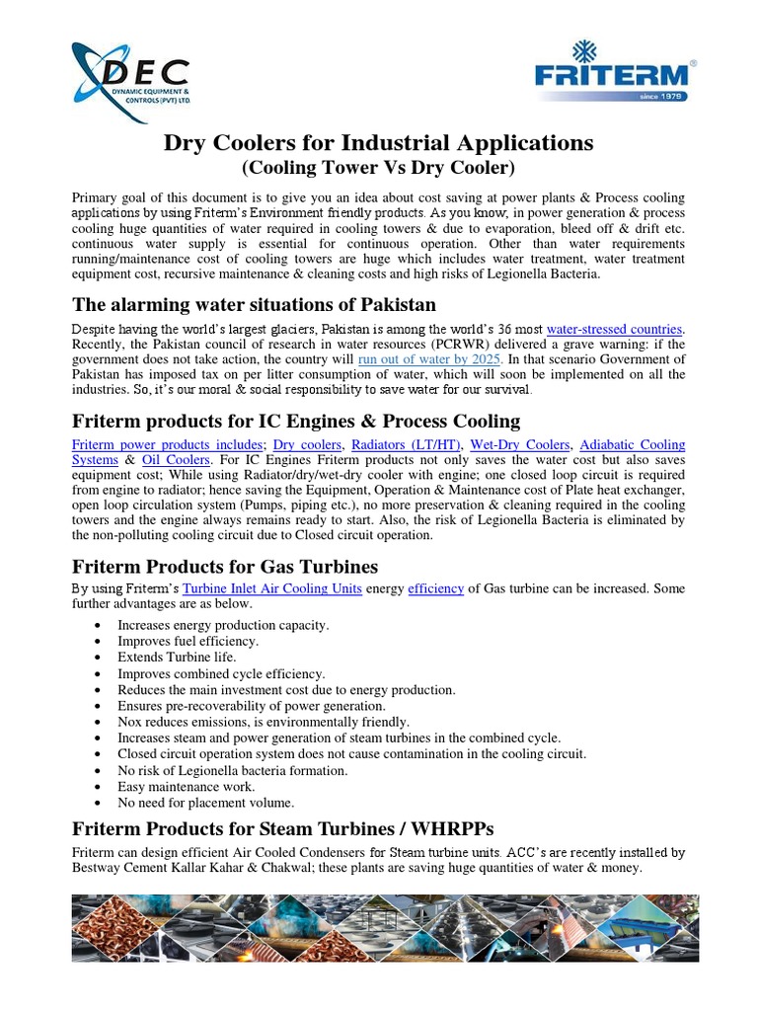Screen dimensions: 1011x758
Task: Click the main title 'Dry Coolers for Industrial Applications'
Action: pyautogui.click(x=378, y=143)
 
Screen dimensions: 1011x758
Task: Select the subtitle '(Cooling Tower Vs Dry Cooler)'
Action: pyautogui.click(x=378, y=168)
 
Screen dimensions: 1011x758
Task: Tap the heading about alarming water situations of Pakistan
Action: pyautogui.click(x=255, y=303)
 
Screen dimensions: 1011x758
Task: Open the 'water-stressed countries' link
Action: pyautogui.click(x=614, y=328)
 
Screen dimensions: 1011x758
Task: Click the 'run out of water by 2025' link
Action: pyautogui.click(x=430, y=359)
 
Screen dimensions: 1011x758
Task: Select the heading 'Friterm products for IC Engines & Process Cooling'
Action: pyautogui.click(x=296, y=421)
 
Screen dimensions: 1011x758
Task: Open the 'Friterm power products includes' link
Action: pyautogui.click(x=168, y=445)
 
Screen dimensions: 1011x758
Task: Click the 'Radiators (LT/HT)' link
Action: pyautogui.click(x=396, y=445)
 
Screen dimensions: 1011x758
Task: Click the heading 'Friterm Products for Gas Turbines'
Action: pyautogui.click(x=225, y=566)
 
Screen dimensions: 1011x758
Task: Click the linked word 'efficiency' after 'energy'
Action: pyautogui.click(x=435, y=588)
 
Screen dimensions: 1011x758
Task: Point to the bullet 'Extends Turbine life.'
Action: pyautogui.click(x=177, y=657)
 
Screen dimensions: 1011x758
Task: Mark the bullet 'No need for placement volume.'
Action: pyautogui.click(x=205, y=803)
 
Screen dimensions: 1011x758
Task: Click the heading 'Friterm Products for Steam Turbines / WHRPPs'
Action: pyautogui.click(x=283, y=827)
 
